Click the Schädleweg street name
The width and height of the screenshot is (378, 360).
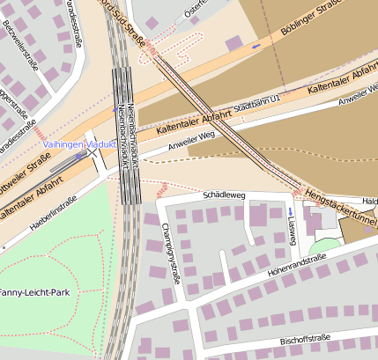point(223,194)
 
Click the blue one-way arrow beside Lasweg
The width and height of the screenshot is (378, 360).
point(292,212)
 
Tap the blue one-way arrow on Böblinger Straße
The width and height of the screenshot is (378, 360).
point(256,46)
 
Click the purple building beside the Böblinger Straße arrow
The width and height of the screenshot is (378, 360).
point(234,42)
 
